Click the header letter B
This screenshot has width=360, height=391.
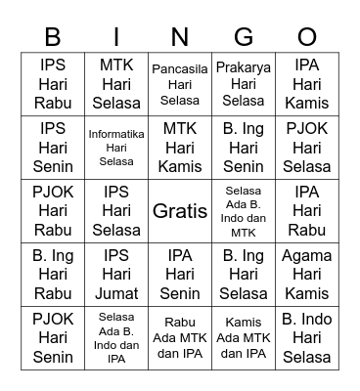click(53, 37)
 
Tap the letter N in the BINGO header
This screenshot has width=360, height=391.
click(180, 37)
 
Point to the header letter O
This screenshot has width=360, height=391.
click(307, 37)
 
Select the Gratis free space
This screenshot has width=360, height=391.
click(180, 210)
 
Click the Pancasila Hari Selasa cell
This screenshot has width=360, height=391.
click(180, 84)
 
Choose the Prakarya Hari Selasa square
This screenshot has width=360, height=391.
click(244, 84)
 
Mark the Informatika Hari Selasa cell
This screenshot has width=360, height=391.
click(116, 147)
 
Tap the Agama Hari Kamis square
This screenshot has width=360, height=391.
click(307, 275)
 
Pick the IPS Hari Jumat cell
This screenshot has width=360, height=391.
click(116, 275)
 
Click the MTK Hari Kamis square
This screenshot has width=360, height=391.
click(180, 147)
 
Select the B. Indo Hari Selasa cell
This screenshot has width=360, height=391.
click(307, 337)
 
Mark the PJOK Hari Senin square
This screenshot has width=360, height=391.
click(53, 337)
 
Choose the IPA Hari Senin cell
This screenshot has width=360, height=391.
click(180, 275)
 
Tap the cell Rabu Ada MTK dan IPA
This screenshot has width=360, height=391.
click(180, 337)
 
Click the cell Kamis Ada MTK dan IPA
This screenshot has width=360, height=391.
click(244, 337)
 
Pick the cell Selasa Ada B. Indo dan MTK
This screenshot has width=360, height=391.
click(244, 210)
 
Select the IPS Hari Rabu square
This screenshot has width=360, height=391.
click(53, 84)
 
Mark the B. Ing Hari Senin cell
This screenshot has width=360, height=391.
click(244, 147)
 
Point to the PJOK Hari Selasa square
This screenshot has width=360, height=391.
click(307, 147)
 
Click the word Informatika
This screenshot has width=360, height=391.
click(116, 134)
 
